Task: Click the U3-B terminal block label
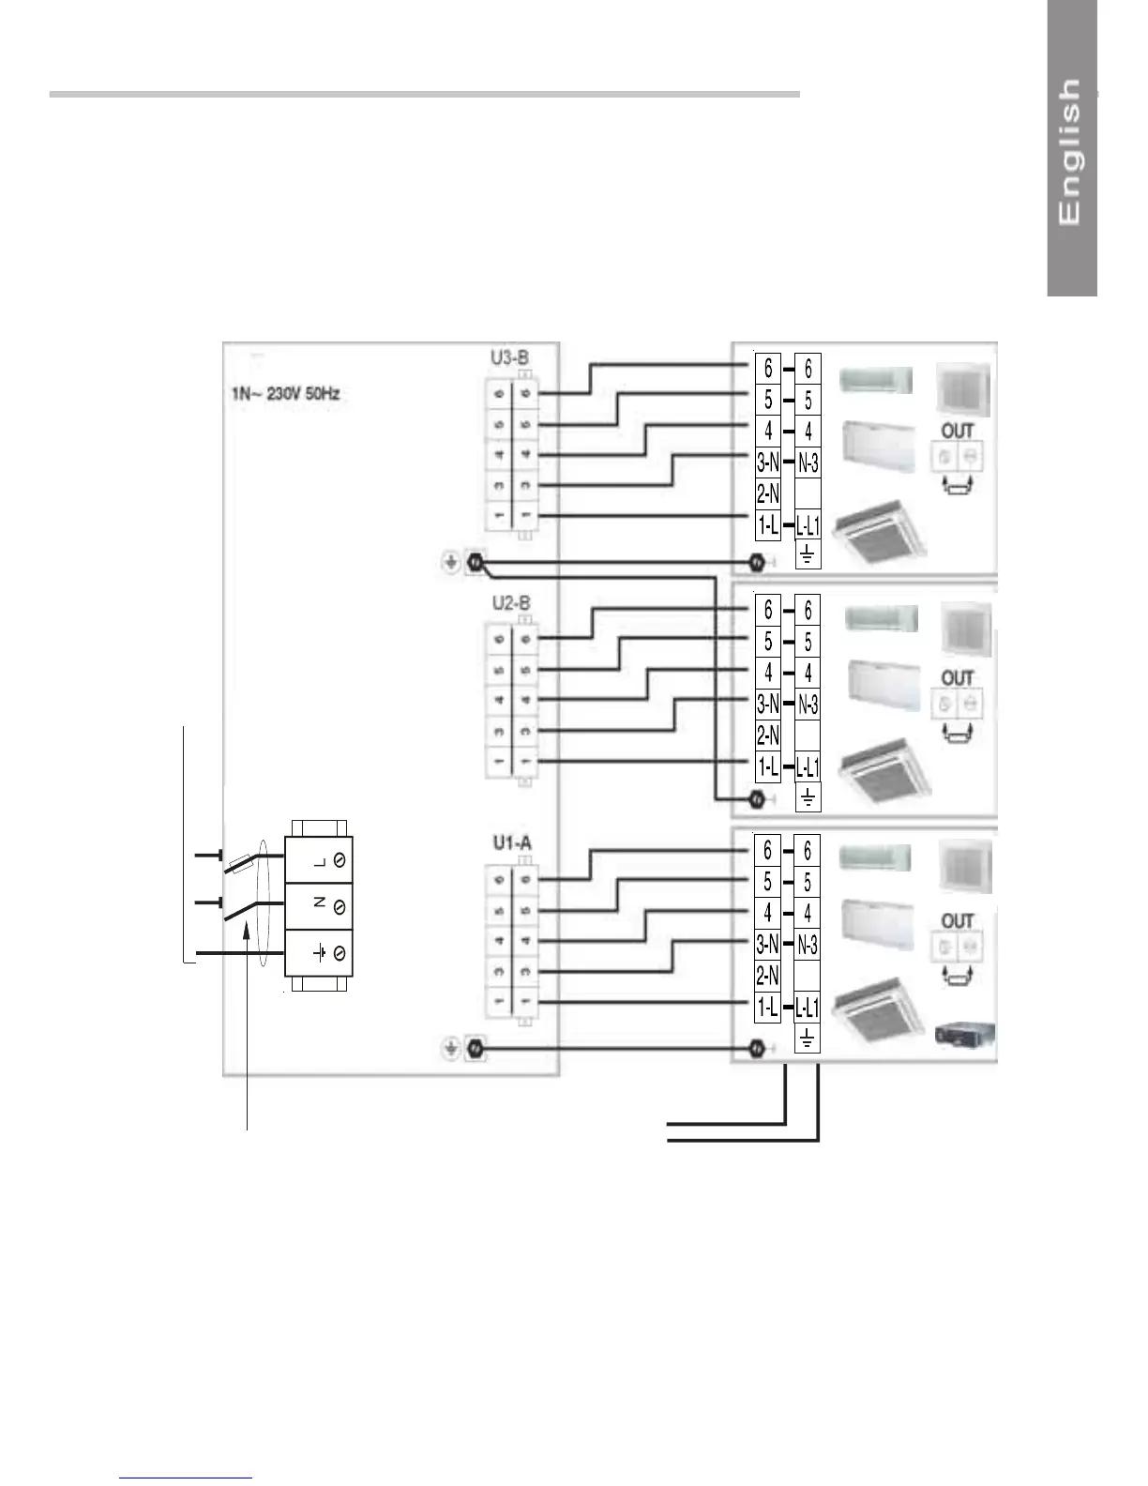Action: pos(509,357)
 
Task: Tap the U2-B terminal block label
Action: pos(511,602)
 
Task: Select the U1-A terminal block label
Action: pos(512,843)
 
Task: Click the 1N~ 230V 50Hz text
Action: pos(285,394)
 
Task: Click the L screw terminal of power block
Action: pos(340,861)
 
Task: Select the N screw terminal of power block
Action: pos(340,907)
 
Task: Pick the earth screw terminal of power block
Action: pos(340,953)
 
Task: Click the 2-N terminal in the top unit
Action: pos(768,493)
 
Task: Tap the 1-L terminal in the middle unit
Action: pos(768,767)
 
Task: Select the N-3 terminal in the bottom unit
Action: pos(808,945)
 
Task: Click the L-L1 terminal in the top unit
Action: pos(808,526)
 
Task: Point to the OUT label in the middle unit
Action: pos(958,678)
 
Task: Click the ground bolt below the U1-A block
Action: pos(475,1048)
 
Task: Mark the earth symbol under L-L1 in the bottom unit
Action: pos(808,1038)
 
